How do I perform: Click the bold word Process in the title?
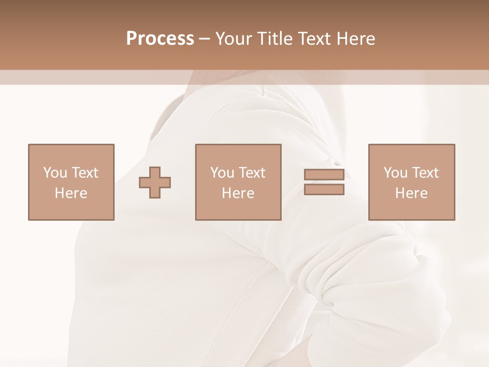click(x=160, y=39)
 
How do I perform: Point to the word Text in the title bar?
click(x=315, y=39)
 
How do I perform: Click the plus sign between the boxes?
click(x=155, y=182)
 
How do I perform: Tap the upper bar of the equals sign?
click(x=324, y=175)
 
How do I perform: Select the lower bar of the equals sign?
click(x=324, y=189)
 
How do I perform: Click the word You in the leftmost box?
click(x=55, y=173)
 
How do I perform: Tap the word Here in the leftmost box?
click(x=71, y=193)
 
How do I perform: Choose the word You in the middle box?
click(x=222, y=173)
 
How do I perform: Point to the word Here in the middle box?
click(x=238, y=193)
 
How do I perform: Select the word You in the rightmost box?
click(x=395, y=173)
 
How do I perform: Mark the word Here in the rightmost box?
click(x=411, y=193)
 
